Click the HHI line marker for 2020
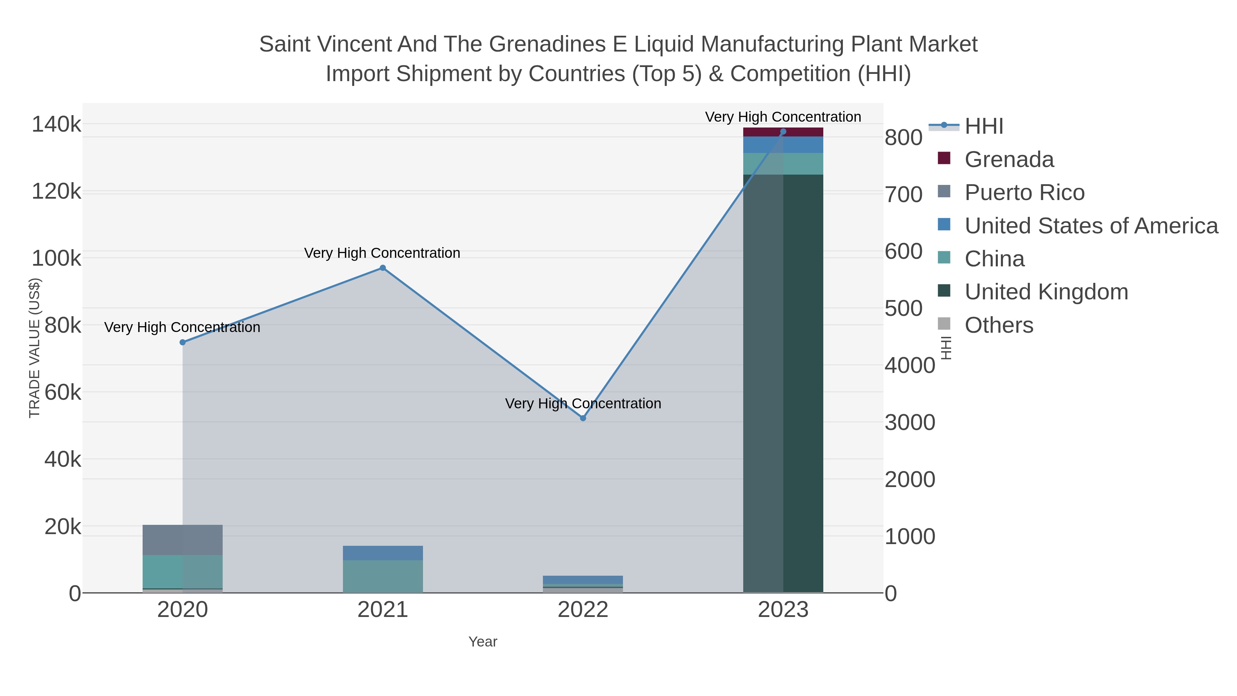tap(182, 342)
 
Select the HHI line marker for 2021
tap(383, 268)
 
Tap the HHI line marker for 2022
tap(583, 418)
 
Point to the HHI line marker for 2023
tap(783, 132)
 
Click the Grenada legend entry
tap(1009, 159)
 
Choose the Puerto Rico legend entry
tap(1024, 192)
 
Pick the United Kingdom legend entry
tap(1046, 292)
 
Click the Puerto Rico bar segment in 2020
tap(182, 540)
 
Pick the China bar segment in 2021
tap(383, 576)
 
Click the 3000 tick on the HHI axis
tap(910, 423)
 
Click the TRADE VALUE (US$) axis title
tap(35, 348)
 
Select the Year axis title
tap(483, 642)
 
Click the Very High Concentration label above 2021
tap(382, 253)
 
